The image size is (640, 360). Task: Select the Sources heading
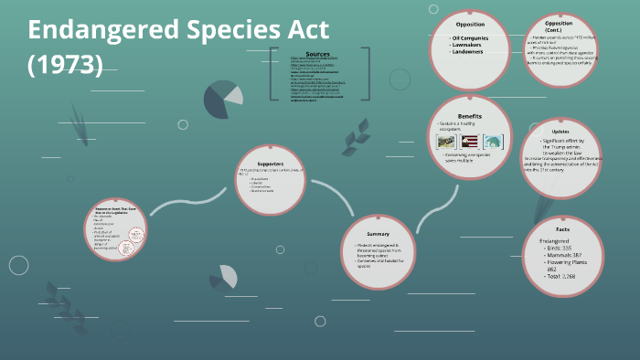point(318,55)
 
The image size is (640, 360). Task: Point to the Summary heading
point(378,220)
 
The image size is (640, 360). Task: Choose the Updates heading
point(560,132)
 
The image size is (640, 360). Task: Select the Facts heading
point(563,228)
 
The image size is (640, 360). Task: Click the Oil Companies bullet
point(472,38)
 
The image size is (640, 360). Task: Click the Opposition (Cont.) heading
point(559,26)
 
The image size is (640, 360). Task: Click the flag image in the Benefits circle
point(470,142)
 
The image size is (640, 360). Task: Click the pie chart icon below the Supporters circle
point(225,277)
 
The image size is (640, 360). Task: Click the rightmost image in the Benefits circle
point(493,142)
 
